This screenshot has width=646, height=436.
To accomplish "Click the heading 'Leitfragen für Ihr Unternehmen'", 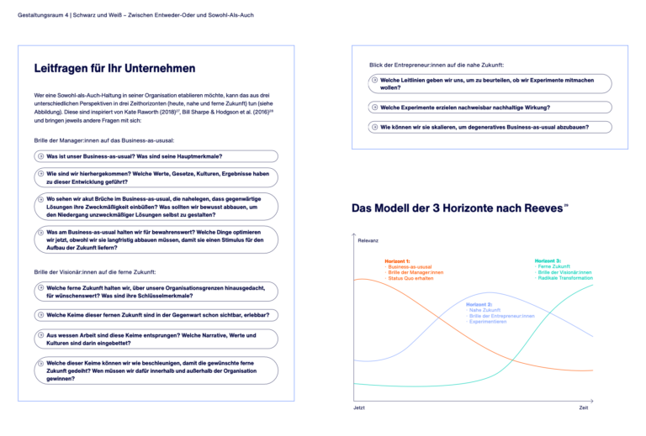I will tap(115, 68).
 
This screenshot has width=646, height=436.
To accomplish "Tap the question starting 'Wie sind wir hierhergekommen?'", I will tap(156, 177).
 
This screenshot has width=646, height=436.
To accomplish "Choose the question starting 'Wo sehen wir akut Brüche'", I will tap(156, 206).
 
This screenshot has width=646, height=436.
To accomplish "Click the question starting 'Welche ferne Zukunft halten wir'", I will tap(156, 292).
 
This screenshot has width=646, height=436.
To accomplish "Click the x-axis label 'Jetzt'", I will tap(359, 408).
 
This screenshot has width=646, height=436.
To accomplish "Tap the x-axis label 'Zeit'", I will tap(583, 408).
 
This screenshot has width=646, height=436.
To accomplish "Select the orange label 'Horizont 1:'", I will tap(397, 261).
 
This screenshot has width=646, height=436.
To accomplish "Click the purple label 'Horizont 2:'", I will tap(479, 303).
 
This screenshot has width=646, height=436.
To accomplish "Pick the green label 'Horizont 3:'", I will tap(548, 261).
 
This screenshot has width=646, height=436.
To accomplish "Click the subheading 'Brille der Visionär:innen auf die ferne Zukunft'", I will tap(95, 272).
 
